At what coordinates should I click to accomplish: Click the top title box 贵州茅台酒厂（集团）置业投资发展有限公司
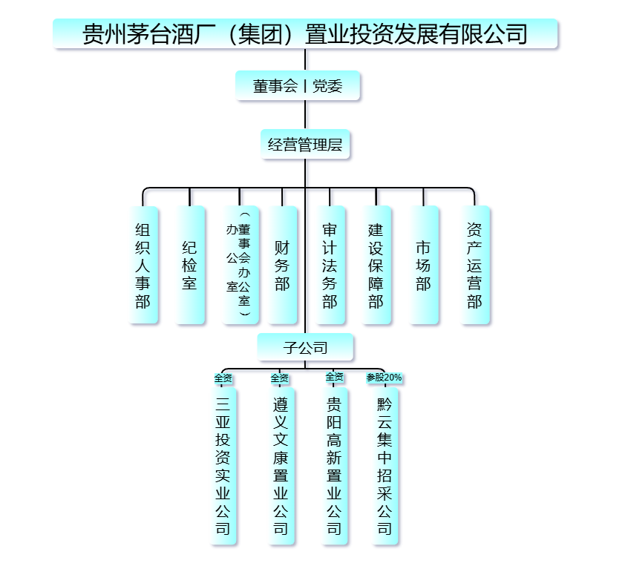point(305,34)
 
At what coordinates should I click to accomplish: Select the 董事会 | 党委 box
point(298,86)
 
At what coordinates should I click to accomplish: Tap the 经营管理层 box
point(305,145)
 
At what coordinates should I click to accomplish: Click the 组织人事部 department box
point(143,265)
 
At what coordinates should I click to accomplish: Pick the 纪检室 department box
point(190,265)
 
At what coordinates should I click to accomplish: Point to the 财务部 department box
point(282,265)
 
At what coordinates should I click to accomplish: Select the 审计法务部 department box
point(330,265)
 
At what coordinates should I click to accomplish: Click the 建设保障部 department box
point(376,265)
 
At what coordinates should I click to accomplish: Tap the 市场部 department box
point(424,265)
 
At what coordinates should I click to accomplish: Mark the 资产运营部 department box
point(475,265)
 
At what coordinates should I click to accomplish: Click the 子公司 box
point(305,346)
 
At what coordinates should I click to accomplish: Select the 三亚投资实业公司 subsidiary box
point(223,466)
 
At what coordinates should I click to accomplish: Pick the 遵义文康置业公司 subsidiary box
point(280,466)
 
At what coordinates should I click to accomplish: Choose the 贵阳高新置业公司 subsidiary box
point(335,466)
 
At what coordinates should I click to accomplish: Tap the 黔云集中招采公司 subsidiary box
point(385,466)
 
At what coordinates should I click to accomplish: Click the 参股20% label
point(385,378)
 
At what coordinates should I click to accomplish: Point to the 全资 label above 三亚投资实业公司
point(223,378)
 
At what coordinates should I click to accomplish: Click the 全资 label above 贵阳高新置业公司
point(335,378)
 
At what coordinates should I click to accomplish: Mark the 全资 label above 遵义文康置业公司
point(280,378)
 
